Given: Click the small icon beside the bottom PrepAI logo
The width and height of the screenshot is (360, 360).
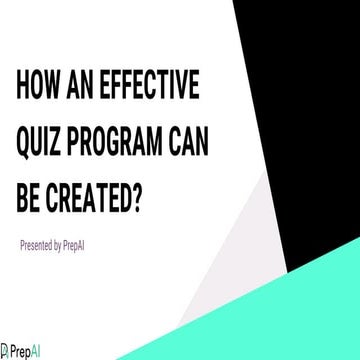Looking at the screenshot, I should coord(5,351).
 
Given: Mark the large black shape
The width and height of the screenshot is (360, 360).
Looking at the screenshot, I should coord(300,100).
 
